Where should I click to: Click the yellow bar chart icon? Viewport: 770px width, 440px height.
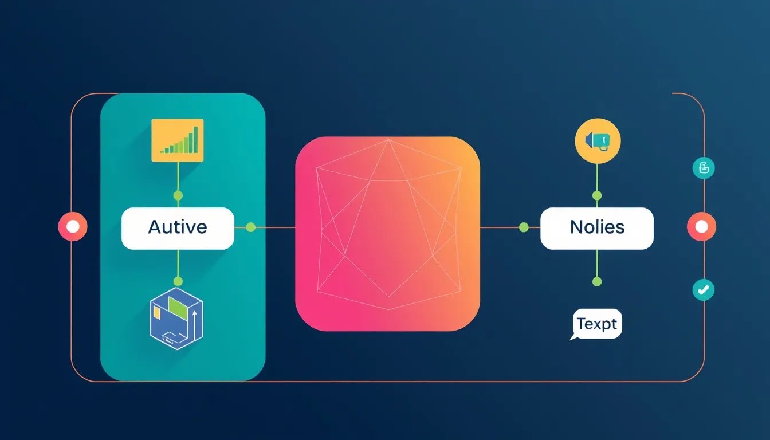(x=177, y=140)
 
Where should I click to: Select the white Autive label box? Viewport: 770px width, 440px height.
(x=178, y=227)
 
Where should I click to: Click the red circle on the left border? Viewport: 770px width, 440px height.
(x=72, y=227)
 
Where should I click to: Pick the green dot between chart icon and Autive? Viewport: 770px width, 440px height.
(x=178, y=196)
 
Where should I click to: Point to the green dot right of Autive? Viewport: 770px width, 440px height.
(x=250, y=227)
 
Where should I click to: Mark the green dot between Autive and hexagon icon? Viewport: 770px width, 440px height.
(x=178, y=281)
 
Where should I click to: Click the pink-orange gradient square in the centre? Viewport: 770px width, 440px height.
(x=387, y=233)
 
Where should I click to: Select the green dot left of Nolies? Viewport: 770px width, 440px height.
(x=523, y=227)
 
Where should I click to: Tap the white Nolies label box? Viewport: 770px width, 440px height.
(x=596, y=228)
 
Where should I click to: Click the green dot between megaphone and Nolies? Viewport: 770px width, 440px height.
(x=597, y=196)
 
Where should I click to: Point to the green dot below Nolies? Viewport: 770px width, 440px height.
(x=597, y=281)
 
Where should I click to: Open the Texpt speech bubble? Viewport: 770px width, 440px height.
(x=597, y=324)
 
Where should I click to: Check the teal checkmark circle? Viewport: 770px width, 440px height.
(x=703, y=290)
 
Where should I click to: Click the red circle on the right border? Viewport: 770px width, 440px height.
(x=701, y=227)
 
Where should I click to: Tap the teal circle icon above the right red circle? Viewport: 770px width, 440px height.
(x=704, y=168)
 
